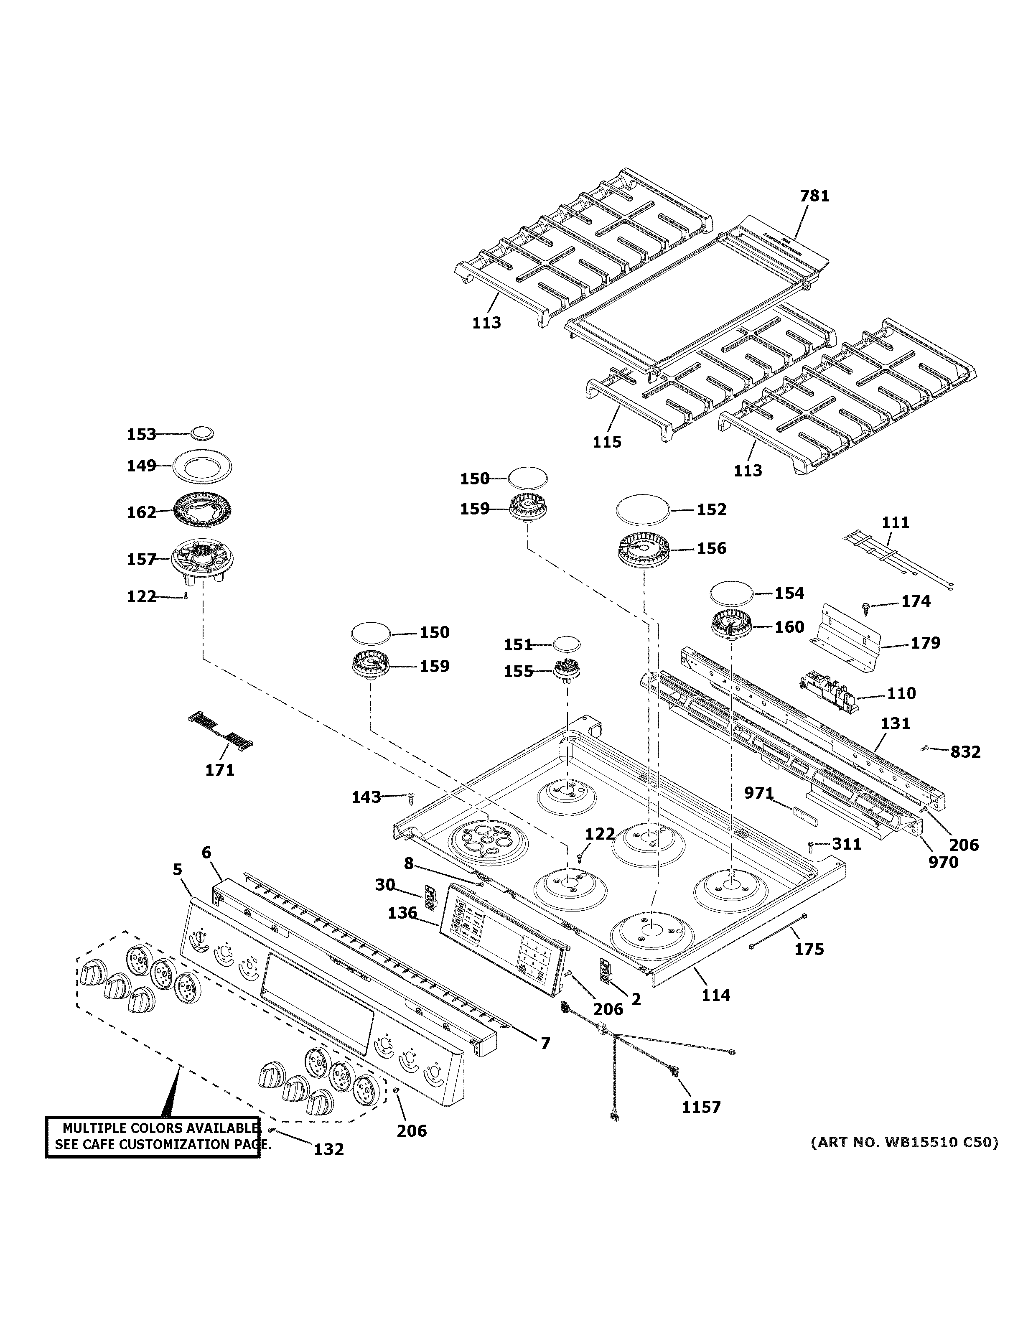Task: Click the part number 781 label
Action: pos(814,196)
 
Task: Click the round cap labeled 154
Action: pos(732,593)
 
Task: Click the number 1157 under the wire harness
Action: pos(701,1107)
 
